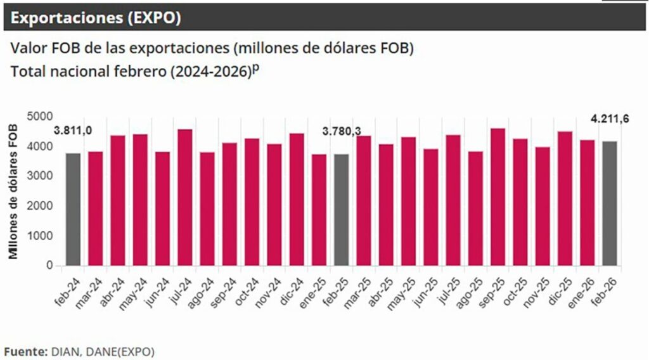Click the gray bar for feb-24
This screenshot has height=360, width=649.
pyautogui.click(x=74, y=209)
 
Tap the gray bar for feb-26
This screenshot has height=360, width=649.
pyautogui.click(x=610, y=203)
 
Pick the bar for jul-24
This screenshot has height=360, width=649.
pyautogui.click(x=185, y=197)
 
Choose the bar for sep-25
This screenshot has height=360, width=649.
pyautogui.click(x=498, y=196)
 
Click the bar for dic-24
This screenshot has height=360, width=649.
pyautogui.click(x=297, y=199)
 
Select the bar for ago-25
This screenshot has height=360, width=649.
pyautogui.click(x=475, y=208)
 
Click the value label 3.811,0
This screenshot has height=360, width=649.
pyautogui.click(x=74, y=131)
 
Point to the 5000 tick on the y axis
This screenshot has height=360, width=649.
pyautogui.click(x=41, y=117)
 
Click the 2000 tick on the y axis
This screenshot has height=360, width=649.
pyautogui.click(x=41, y=206)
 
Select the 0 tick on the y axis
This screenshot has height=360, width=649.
pyautogui.click(x=49, y=266)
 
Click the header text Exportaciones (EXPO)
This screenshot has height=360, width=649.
pyautogui.click(x=96, y=18)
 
